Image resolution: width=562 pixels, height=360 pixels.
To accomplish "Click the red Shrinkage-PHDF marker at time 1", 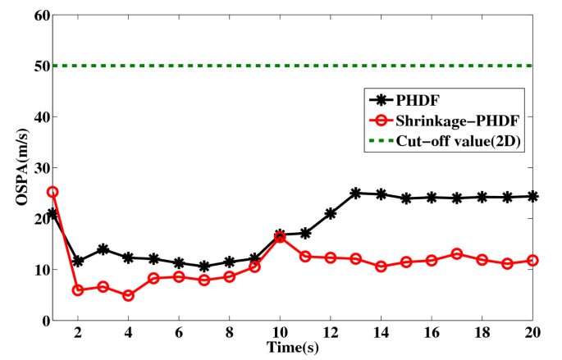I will [53, 192].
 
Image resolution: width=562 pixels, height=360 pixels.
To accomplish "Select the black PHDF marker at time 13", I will [356, 193].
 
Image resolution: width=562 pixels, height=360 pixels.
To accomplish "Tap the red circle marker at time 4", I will [128, 295].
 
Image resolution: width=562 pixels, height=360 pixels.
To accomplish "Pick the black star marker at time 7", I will [204, 267].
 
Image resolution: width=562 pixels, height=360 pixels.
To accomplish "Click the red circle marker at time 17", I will [457, 254].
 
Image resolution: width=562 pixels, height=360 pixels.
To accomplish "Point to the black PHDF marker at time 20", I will [533, 196].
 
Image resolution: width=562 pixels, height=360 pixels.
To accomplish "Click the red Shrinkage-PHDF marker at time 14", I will [382, 267].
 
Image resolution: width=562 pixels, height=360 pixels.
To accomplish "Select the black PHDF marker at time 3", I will [103, 249].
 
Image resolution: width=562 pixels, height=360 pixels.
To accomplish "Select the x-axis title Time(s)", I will [293, 348].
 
